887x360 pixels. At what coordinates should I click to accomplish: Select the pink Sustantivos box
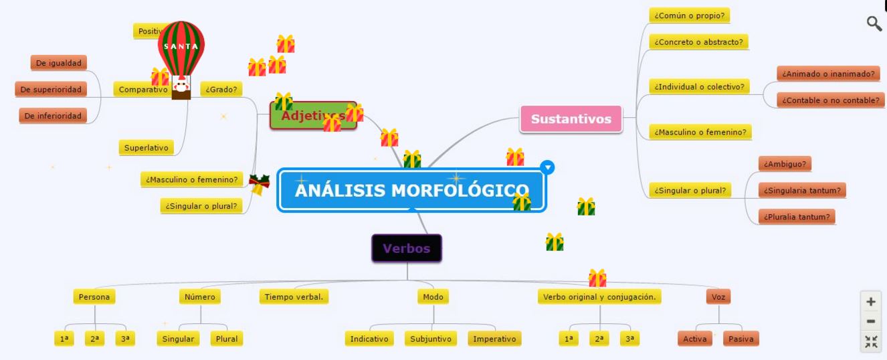[x=571, y=119]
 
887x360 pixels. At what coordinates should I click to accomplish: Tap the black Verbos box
[x=406, y=249]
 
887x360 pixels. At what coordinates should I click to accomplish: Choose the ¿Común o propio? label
[x=689, y=15]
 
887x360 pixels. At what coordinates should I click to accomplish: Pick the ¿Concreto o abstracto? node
[x=698, y=42]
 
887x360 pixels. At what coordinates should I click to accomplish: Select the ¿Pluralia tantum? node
[x=797, y=217]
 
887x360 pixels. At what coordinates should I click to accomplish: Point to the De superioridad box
[x=51, y=89]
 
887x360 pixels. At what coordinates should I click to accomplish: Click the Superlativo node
[x=146, y=148]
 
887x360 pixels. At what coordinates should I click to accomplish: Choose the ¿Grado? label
[x=221, y=89]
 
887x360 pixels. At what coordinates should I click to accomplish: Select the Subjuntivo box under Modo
[x=429, y=339]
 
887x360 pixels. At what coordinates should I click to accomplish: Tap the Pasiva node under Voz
[x=741, y=339]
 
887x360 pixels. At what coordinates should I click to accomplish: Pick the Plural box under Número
[x=226, y=339]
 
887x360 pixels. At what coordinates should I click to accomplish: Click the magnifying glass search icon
[x=874, y=24]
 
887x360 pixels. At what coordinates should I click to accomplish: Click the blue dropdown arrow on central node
[x=547, y=167]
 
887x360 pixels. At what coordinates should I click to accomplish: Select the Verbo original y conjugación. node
[x=599, y=296]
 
